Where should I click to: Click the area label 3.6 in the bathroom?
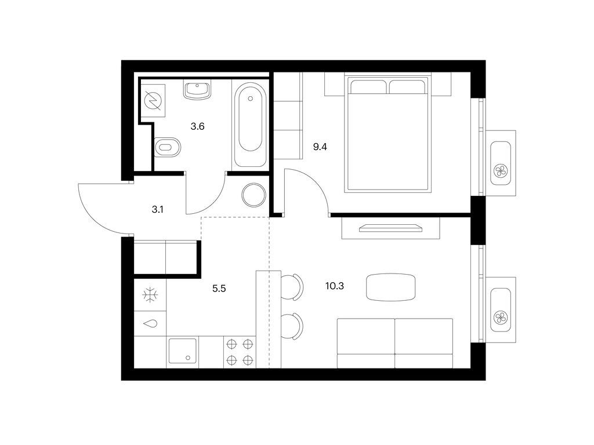click(197, 126)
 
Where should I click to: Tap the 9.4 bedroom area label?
click(320, 147)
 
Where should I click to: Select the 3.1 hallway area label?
click(157, 210)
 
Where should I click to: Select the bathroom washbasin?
click(197, 90)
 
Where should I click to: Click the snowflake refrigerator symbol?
click(150, 295)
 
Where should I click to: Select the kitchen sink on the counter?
click(182, 351)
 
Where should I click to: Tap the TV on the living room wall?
click(390, 228)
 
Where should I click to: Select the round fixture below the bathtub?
click(253, 195)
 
